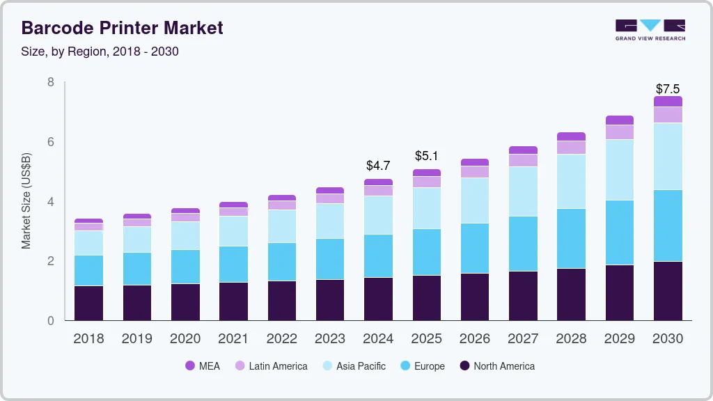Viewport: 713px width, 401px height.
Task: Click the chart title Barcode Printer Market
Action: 122,28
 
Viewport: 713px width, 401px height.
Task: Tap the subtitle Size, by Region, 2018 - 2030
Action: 100,52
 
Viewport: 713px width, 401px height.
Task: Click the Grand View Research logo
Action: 650,29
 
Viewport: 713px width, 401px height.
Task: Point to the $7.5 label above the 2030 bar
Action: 668,89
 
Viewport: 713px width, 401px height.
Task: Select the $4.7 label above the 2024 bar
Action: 378,166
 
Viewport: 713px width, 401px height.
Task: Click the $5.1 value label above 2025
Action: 426,156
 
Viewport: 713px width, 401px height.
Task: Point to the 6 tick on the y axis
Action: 51,142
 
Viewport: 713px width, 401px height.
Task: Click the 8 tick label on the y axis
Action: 51,82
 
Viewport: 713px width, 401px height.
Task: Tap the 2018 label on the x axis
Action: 88,339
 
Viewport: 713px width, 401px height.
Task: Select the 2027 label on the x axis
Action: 523,339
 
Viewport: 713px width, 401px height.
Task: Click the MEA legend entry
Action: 202,366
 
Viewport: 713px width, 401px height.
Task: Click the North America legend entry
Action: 496,366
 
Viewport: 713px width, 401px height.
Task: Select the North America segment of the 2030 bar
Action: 668,291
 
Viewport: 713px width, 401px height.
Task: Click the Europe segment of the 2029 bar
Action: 620,233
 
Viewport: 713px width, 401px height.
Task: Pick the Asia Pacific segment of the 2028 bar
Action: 571,181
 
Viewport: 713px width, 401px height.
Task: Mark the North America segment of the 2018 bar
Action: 88,303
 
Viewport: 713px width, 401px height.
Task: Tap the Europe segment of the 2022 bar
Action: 281,262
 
